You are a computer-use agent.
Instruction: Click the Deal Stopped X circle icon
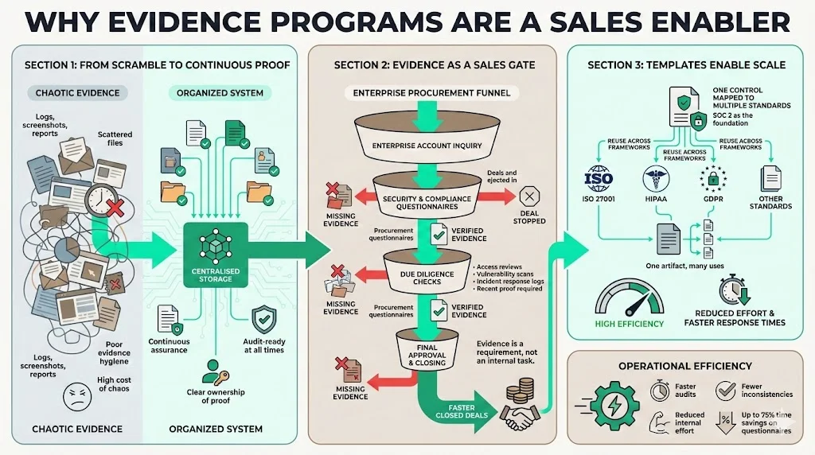528,196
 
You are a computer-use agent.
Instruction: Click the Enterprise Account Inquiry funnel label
417,146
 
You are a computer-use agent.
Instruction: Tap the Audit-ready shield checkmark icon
263,320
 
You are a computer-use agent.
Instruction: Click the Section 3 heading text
686,65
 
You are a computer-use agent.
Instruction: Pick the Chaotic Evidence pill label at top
77,93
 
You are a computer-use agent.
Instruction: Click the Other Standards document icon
770,177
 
